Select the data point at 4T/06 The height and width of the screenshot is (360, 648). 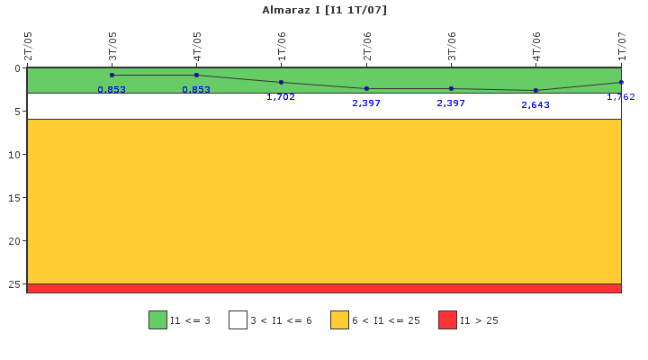535,90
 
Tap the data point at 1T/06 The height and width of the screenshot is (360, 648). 281,82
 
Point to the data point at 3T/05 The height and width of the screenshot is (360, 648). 112,76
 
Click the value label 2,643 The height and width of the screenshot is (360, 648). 535,105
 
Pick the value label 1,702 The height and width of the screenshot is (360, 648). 281,96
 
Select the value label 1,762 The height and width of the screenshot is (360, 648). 620,96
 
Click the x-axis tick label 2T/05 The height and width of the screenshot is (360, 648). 28,46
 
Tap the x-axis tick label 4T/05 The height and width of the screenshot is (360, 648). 197,46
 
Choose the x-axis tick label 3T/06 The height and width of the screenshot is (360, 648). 451,46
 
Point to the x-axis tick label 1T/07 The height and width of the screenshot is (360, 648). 622,46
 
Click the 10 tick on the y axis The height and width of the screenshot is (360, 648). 14,155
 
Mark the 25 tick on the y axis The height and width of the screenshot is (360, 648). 14,283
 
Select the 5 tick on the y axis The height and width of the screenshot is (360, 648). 17,112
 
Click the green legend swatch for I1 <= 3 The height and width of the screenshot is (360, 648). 157,319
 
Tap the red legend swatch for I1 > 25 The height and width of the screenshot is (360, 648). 447,319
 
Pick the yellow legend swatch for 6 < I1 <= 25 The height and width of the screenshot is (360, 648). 339,319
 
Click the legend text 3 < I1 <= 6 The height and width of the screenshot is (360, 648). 281,320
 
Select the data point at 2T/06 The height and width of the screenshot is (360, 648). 366,88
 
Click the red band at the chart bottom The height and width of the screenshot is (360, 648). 324,288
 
